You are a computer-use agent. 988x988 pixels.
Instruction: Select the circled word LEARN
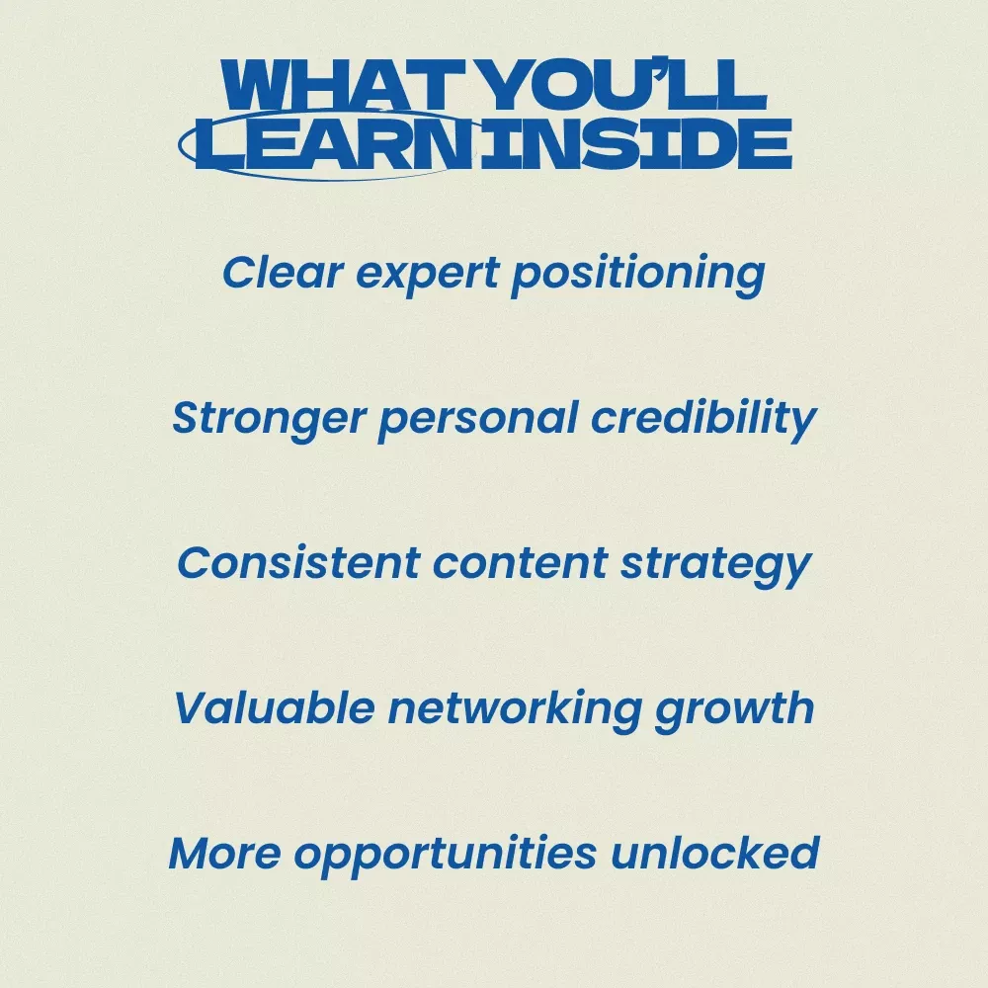point(334,143)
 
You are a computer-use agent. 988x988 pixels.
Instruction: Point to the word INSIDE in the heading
point(635,143)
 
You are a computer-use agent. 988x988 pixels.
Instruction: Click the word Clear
point(283,273)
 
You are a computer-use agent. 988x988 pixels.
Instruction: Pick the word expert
point(428,276)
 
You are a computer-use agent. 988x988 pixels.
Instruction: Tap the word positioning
point(638,276)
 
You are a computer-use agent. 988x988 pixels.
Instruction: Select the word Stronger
point(269,420)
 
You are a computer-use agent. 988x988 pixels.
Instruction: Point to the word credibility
point(703,419)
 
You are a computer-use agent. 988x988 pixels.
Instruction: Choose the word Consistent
point(298,563)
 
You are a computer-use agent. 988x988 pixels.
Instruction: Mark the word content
point(520,564)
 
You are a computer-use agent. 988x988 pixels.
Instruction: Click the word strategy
point(715,566)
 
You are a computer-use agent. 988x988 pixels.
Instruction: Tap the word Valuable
point(275,707)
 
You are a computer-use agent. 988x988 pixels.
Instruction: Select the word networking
point(515,709)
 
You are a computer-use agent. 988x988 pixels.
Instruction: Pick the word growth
point(735,709)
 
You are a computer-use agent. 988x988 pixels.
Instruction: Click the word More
point(225,854)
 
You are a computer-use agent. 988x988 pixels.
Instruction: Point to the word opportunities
point(445,856)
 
